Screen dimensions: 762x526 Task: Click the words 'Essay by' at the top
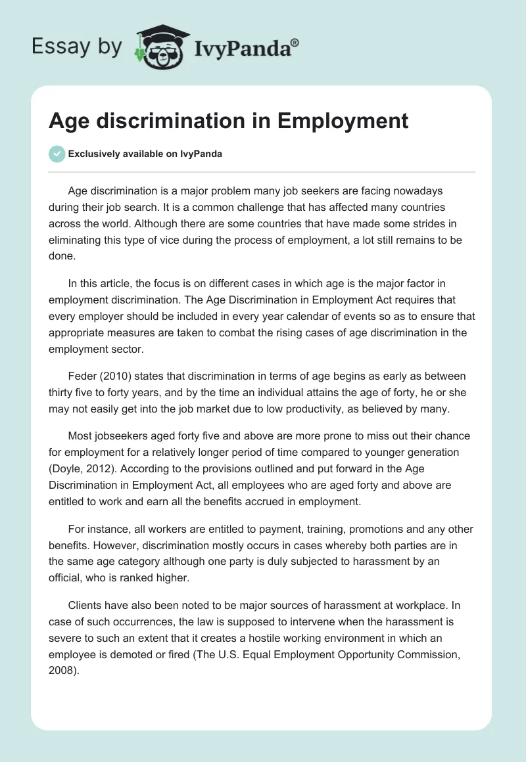coord(77,46)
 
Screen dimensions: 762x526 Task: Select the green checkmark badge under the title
coord(57,154)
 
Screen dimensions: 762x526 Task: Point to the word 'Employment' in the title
coord(343,121)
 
